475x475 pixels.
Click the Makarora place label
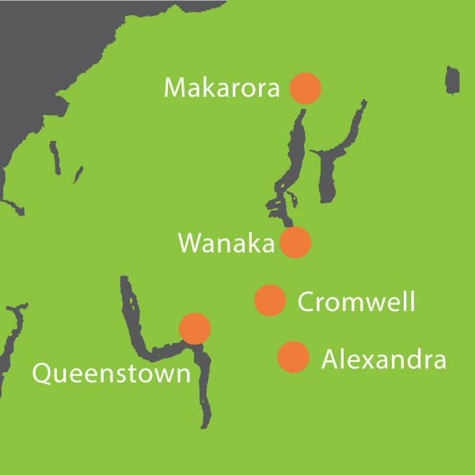tap(222, 87)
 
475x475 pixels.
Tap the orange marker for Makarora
tap(305, 88)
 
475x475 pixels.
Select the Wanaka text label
tap(226, 243)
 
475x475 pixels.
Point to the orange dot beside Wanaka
tap(295, 242)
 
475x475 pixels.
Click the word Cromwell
tap(356, 302)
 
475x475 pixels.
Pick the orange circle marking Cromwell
tap(269, 300)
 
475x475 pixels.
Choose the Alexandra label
tap(384, 360)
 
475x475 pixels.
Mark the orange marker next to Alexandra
tap(293, 357)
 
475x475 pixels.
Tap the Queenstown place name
tap(111, 372)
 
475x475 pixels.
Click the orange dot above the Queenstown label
tap(195, 328)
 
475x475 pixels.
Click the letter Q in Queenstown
tap(42, 371)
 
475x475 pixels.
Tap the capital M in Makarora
tap(176, 87)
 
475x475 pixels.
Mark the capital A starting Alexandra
tap(331, 360)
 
